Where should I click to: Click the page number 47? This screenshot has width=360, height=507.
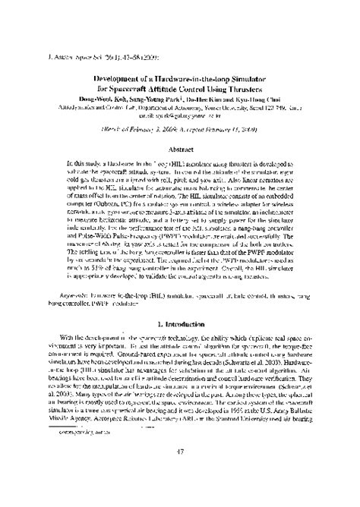click(180, 474)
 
